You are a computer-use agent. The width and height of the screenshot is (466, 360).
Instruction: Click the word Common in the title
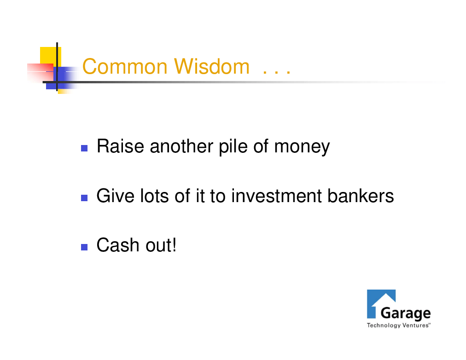pyautogui.click(x=125, y=66)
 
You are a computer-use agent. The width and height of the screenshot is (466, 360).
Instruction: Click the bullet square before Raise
pyautogui.click(x=84, y=148)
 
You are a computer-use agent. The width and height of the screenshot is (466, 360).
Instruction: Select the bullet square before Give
pyautogui.click(x=84, y=198)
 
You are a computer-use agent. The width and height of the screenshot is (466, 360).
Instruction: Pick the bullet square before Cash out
pyautogui.click(x=84, y=247)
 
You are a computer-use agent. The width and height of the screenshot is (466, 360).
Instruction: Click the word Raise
pyautogui.click(x=120, y=146)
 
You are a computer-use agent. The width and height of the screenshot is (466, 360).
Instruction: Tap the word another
pyautogui.click(x=181, y=146)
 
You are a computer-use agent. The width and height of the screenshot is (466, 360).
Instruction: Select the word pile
pyautogui.click(x=233, y=147)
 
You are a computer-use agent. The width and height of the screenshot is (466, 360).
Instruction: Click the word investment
pyautogui.click(x=276, y=196)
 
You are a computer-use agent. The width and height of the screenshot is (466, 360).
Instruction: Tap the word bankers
pyautogui.click(x=361, y=196)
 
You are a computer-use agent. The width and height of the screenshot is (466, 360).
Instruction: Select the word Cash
pyautogui.click(x=118, y=245)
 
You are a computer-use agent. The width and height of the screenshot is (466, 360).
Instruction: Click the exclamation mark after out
pyautogui.click(x=174, y=245)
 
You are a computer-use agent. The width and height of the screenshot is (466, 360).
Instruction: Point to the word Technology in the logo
pyautogui.click(x=384, y=325)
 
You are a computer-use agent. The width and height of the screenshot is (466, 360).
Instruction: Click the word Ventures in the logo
pyautogui.click(x=415, y=325)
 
